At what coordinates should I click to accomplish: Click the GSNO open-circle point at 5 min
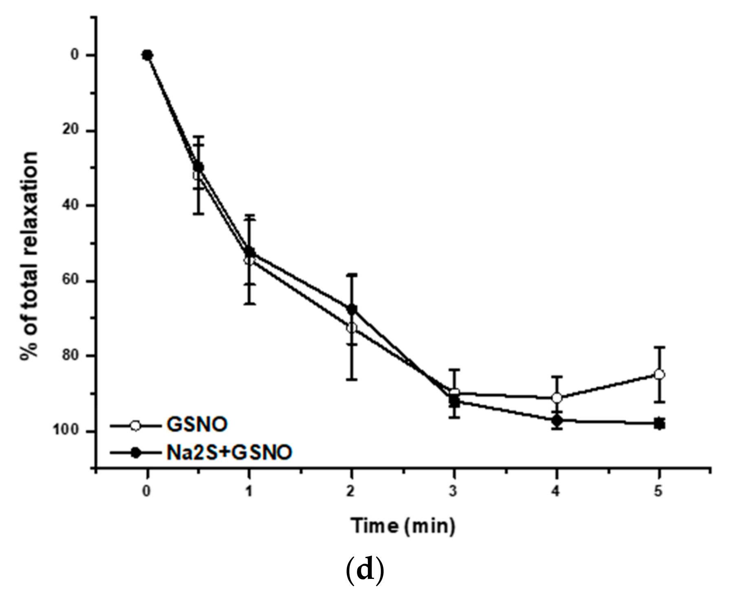(x=659, y=375)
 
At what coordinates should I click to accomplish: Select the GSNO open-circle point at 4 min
(x=557, y=398)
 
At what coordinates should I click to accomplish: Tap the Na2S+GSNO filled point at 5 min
(x=659, y=424)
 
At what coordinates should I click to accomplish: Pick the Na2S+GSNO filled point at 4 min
(x=557, y=420)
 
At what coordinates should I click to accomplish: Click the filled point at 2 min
(x=352, y=309)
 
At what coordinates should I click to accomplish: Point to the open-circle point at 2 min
(x=352, y=328)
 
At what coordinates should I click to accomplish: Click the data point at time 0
(x=147, y=55)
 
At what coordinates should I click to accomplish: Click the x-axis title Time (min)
(x=403, y=526)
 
